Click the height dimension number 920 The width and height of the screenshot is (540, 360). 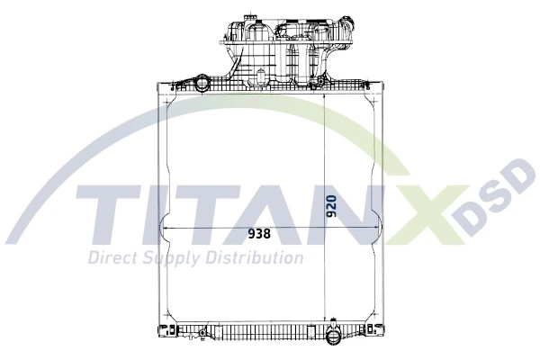331,206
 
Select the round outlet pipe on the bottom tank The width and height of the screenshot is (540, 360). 333,339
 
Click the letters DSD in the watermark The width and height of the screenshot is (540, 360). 499,202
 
